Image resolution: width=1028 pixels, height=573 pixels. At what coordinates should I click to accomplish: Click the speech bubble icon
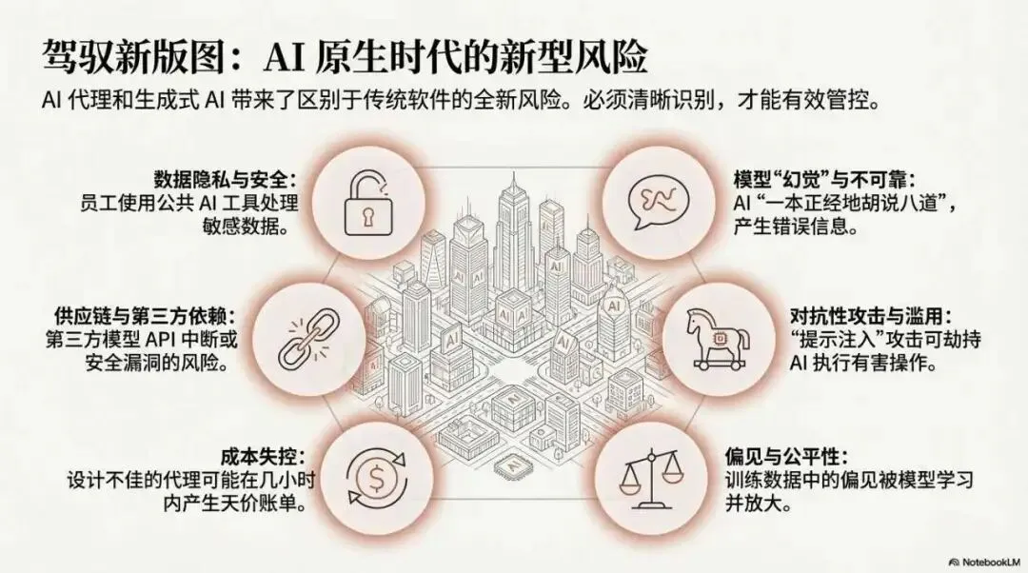tap(657, 199)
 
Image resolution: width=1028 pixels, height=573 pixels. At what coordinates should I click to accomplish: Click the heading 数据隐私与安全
tap(227, 179)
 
